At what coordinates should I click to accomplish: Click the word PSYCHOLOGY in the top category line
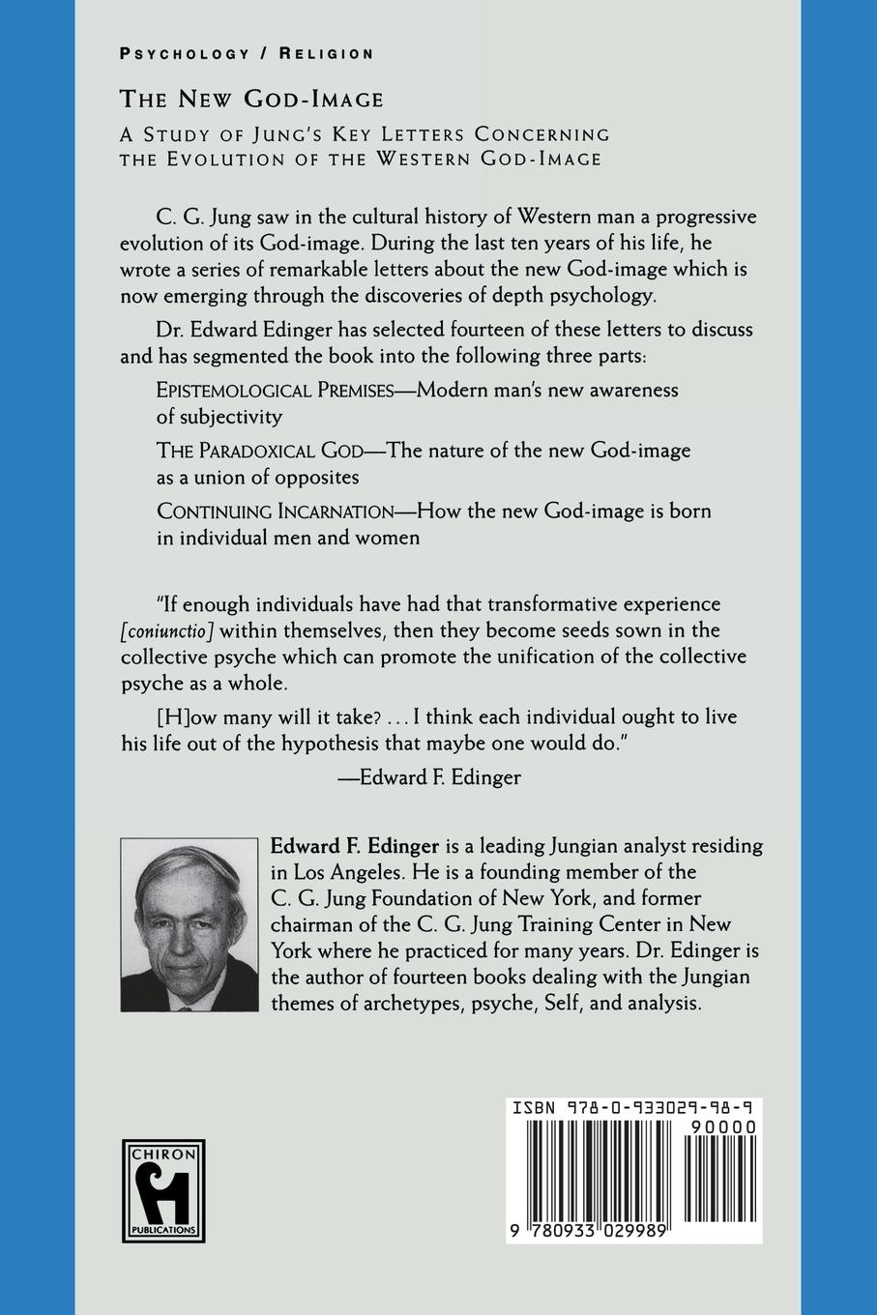[184, 54]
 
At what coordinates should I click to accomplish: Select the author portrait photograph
[190, 925]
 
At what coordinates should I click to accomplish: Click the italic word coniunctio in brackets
[166, 630]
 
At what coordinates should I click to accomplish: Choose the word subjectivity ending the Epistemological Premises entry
[219, 418]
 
